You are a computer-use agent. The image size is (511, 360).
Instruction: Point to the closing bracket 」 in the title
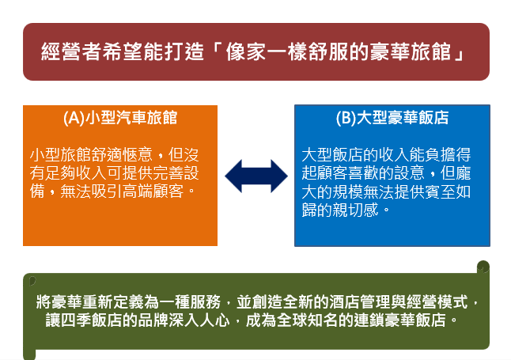click(x=459, y=53)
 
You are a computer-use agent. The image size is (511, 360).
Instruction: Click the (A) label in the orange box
click(x=74, y=118)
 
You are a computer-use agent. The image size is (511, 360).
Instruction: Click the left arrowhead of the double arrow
click(x=233, y=176)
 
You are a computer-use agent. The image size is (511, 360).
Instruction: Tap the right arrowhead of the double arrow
click(x=279, y=176)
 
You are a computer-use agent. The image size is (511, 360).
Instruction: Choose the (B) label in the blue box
click(x=346, y=118)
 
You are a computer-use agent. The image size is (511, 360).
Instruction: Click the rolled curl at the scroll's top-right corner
click(x=483, y=267)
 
